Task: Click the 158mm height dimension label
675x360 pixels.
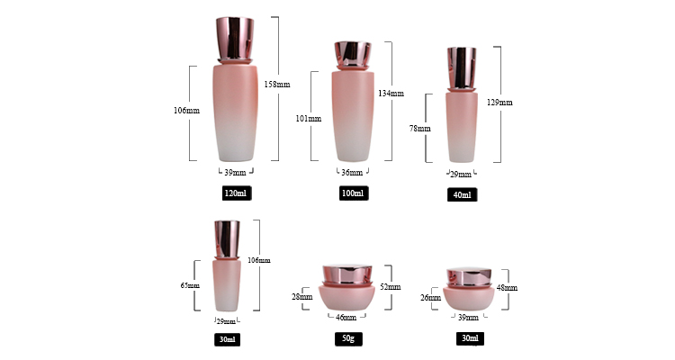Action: (x=277, y=85)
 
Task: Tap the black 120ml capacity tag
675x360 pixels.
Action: (x=237, y=193)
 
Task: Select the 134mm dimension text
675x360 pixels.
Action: (x=391, y=93)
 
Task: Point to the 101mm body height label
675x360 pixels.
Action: (x=308, y=119)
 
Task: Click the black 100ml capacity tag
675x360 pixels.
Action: (x=354, y=193)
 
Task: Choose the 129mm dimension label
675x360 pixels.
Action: (x=499, y=103)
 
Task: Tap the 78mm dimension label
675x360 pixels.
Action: (x=419, y=129)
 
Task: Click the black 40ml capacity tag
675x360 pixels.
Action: (x=462, y=194)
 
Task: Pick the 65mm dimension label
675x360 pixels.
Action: (x=190, y=285)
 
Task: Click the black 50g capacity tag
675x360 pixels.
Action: (x=348, y=339)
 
